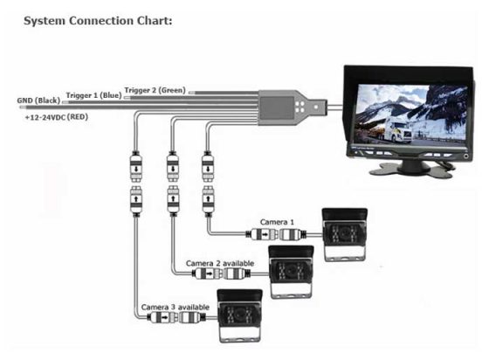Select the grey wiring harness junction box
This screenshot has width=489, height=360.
(285, 107)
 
